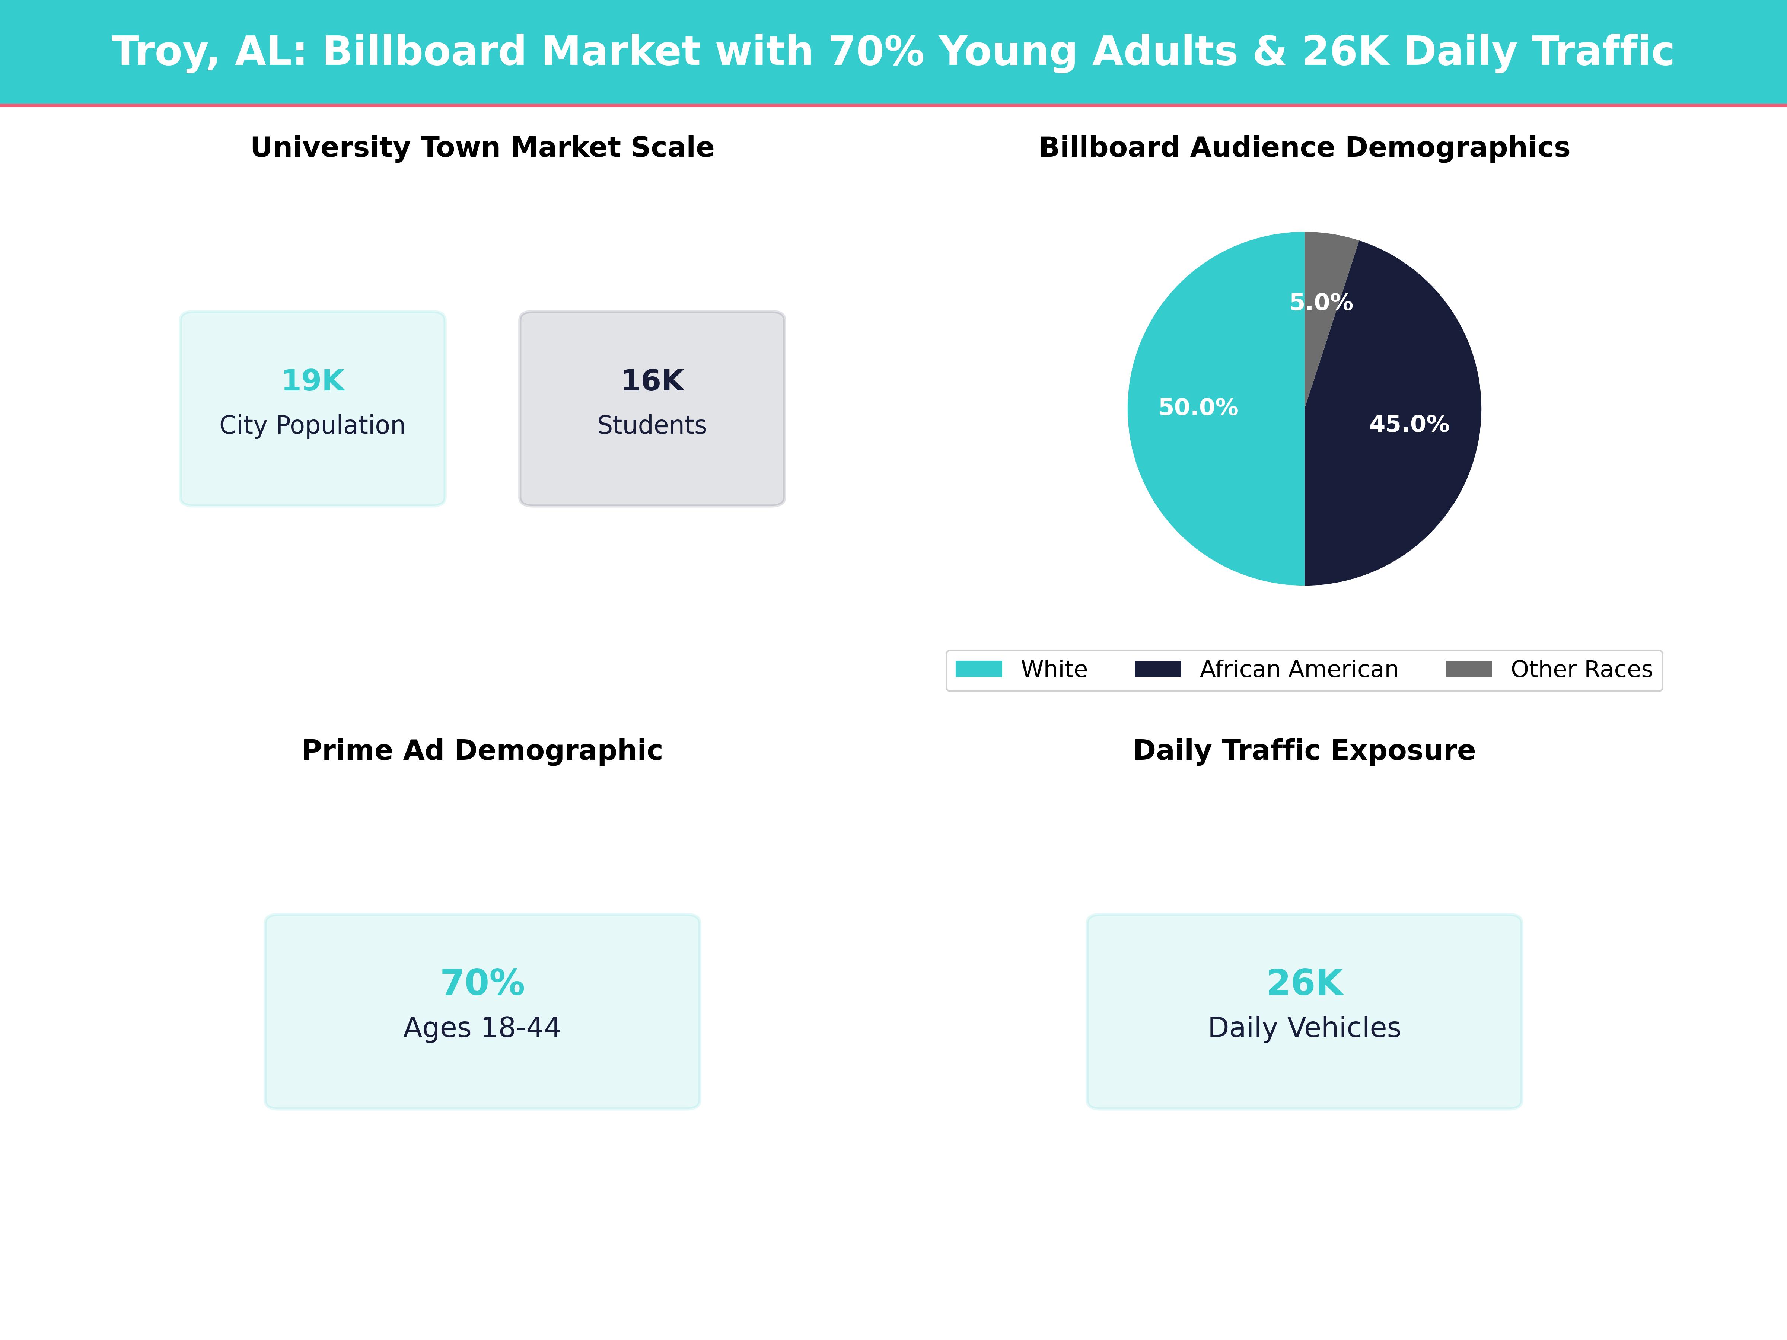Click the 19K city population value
pos(313,380)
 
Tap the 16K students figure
pos(652,380)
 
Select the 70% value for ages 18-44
pos(482,983)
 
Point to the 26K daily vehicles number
pos(1305,983)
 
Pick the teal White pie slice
pos(1212,485)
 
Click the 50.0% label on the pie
pos(1198,407)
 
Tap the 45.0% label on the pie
pos(1409,424)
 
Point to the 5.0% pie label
pos(1321,302)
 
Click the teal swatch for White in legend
pos(978,669)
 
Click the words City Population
pos(313,425)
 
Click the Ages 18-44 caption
pos(482,1027)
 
